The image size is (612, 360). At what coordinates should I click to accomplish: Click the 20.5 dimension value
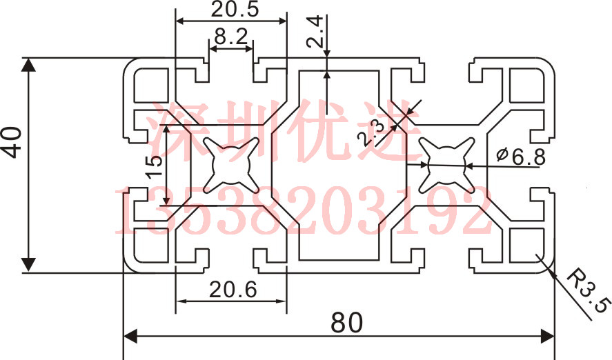[x=235, y=10]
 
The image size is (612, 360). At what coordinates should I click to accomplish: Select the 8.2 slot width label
[x=231, y=37]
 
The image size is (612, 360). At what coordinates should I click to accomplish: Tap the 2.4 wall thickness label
[x=315, y=31]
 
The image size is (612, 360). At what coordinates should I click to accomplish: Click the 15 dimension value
[x=155, y=166]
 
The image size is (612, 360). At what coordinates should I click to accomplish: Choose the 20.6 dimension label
[x=233, y=290]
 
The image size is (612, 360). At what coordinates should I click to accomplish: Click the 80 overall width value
[x=346, y=323]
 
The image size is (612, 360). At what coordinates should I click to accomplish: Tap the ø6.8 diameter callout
[x=521, y=157]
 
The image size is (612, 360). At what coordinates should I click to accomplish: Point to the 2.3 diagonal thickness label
[x=371, y=132]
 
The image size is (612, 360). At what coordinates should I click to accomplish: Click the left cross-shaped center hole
[x=230, y=166]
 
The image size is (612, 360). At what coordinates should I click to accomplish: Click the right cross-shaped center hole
[x=447, y=166]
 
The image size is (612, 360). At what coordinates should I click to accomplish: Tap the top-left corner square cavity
[x=151, y=86]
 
